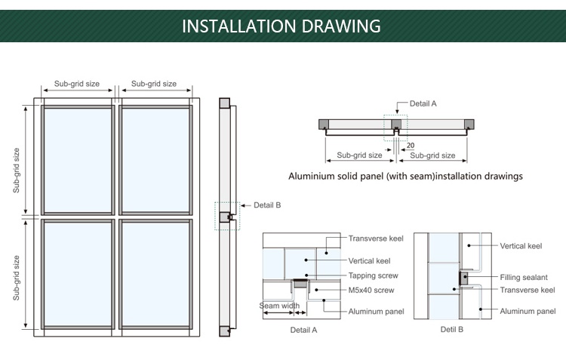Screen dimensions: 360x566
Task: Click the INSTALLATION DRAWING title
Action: [x=281, y=26]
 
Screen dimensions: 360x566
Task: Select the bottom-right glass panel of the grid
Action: [x=155, y=273]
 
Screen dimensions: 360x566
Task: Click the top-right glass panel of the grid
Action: [x=155, y=160]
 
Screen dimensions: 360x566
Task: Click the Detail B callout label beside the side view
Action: [x=267, y=205]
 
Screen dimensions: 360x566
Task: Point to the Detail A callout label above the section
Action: [x=423, y=103]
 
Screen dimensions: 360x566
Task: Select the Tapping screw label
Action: [x=373, y=275]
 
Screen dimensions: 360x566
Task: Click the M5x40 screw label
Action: [x=371, y=290]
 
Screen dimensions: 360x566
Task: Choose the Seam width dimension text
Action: [x=279, y=306]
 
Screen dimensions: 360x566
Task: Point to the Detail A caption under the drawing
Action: [x=304, y=330]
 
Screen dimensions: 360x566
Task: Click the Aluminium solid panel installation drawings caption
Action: [x=405, y=177]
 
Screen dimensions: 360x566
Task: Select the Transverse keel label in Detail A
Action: [x=376, y=238]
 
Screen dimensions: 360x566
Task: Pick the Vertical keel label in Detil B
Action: [x=521, y=246]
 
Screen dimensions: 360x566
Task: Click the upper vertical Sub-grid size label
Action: [x=17, y=170]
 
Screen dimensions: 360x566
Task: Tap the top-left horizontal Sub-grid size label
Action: [x=75, y=84]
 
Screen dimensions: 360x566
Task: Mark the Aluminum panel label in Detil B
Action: [x=528, y=311]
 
